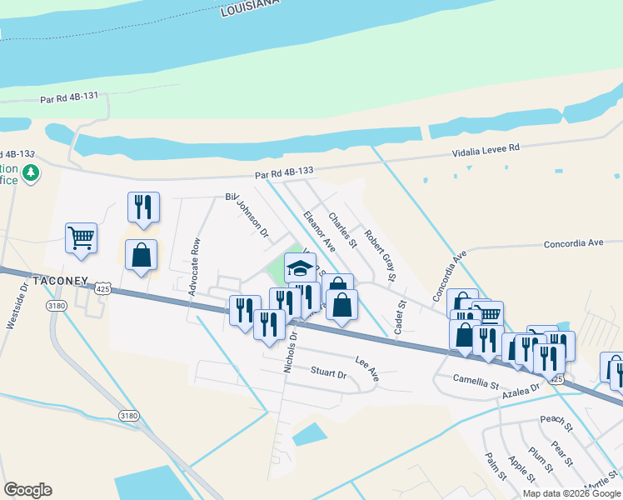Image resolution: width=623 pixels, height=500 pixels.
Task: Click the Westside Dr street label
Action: (15, 309)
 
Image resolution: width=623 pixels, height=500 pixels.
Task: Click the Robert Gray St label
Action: (380, 254)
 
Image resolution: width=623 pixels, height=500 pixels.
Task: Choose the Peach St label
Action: (556, 423)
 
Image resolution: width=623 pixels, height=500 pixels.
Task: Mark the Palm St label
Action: (496, 467)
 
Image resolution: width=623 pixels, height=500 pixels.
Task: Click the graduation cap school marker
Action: (300, 267)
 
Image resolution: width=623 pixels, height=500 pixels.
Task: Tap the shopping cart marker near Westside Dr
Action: (82, 237)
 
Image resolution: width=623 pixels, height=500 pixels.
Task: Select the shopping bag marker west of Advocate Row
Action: (141, 255)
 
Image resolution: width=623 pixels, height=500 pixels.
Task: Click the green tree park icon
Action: (32, 172)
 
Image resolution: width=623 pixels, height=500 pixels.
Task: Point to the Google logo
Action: (27, 490)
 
